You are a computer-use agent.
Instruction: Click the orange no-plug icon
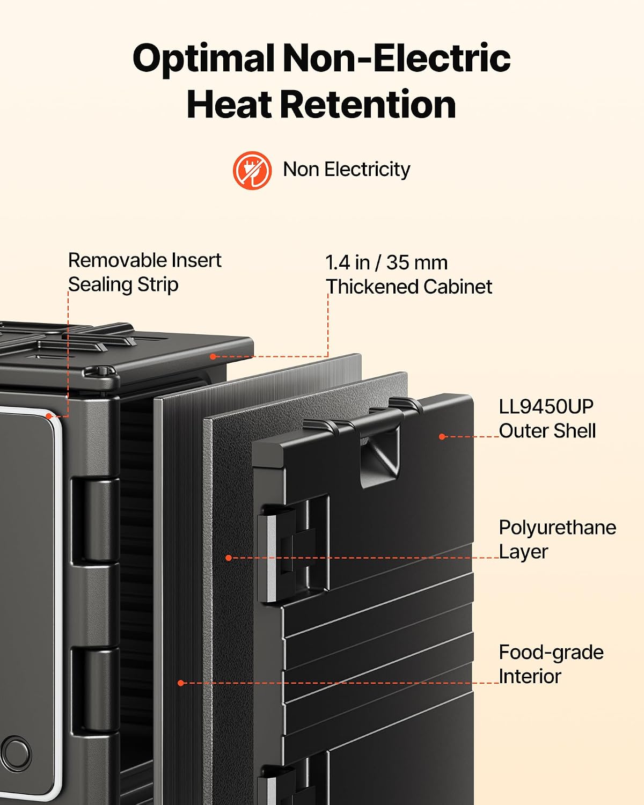coord(252,170)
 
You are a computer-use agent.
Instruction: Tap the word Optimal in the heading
coord(203,58)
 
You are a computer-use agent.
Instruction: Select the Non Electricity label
coord(347,170)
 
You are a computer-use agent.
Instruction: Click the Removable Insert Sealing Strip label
coord(144,272)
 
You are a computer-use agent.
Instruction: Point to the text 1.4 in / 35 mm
coord(386,262)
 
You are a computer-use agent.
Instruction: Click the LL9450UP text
coord(546,406)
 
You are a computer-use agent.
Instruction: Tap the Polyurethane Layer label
coord(558,539)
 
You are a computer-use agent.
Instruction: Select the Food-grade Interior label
coord(551,664)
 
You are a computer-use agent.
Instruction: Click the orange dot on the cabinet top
coord(213,356)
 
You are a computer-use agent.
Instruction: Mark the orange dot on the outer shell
coord(442,436)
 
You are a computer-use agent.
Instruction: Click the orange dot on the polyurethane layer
coord(229,558)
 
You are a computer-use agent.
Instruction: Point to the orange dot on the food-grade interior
coord(181,683)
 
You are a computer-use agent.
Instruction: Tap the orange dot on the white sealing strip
coord(49,415)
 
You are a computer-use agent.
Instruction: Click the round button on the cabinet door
coord(15,752)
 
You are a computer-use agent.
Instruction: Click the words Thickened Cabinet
coord(409,287)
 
